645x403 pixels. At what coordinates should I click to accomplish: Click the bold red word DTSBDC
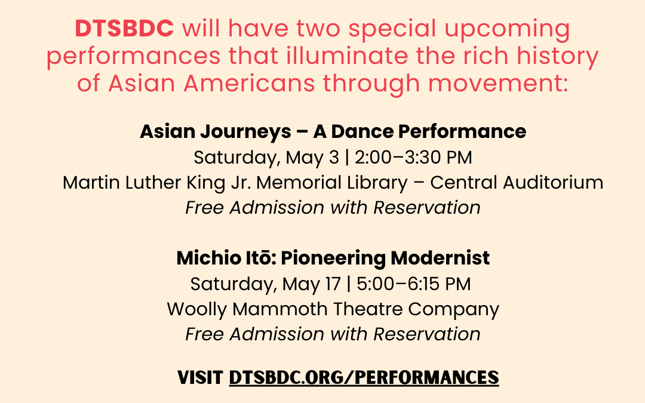pos(124,29)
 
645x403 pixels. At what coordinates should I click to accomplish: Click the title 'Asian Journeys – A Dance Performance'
pos(333,131)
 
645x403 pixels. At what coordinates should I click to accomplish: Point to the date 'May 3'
pos(312,158)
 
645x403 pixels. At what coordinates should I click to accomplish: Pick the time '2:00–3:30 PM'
pos(413,158)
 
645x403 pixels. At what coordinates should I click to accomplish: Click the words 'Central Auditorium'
pos(517,183)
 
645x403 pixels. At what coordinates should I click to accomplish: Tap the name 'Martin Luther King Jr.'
pos(156,183)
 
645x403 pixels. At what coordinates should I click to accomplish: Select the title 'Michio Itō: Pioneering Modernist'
pos(333,259)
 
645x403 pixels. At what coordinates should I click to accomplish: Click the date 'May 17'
pos(311,284)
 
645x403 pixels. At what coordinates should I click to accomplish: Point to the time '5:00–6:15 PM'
pos(413,284)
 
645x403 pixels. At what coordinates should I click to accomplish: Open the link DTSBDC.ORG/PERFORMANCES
pos(364,377)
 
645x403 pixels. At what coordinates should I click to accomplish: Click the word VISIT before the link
pos(200,377)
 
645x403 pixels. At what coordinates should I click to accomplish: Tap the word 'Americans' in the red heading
pos(249,83)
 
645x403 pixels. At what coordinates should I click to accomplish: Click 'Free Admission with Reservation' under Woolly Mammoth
pos(333,334)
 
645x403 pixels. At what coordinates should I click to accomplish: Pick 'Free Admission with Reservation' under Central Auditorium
pos(333,208)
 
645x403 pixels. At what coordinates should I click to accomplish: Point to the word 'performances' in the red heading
pos(134,56)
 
